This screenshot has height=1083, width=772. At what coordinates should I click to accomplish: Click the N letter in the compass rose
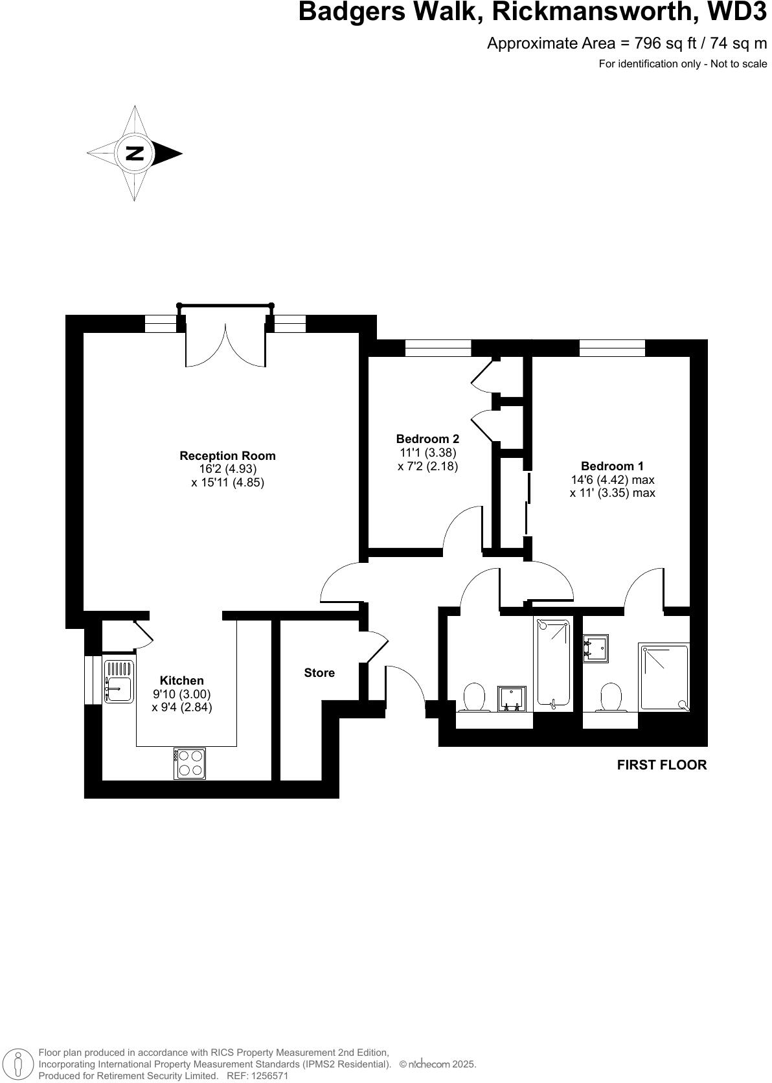pyautogui.click(x=135, y=154)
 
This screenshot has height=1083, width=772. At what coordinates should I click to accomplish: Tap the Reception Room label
pyautogui.click(x=227, y=455)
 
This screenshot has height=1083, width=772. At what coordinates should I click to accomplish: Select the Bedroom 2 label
pyautogui.click(x=427, y=439)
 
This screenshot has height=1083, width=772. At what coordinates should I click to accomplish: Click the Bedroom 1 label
pyautogui.click(x=612, y=466)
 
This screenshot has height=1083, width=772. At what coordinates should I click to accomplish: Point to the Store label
pyautogui.click(x=319, y=672)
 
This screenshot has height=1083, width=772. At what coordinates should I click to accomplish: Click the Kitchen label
pyautogui.click(x=182, y=680)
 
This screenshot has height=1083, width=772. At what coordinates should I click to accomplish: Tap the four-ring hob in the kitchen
pyautogui.click(x=190, y=762)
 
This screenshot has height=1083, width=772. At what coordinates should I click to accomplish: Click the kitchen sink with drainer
pyautogui.click(x=119, y=681)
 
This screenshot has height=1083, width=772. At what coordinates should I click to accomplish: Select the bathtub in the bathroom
pyautogui.click(x=552, y=662)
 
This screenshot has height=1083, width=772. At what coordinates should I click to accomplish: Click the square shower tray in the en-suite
pyautogui.click(x=664, y=677)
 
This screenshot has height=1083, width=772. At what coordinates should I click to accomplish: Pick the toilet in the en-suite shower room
pyautogui.click(x=611, y=696)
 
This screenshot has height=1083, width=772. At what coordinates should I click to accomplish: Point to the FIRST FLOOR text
pyautogui.click(x=661, y=764)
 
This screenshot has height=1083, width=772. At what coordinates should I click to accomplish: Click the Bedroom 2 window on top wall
pyautogui.click(x=438, y=348)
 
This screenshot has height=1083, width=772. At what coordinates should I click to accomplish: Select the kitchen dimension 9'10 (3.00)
pyautogui.click(x=182, y=694)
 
